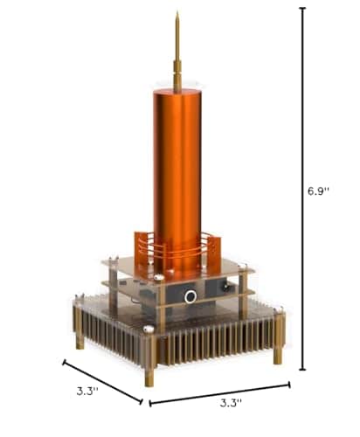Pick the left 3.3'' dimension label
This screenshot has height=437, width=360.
(85, 392)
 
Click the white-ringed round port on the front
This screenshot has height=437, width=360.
(190, 297)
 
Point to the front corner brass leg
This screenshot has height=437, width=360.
(149, 371)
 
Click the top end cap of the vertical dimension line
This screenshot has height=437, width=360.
(302, 8)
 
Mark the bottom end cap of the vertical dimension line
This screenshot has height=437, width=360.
(302, 370)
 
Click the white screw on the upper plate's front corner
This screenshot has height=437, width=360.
(159, 277)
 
